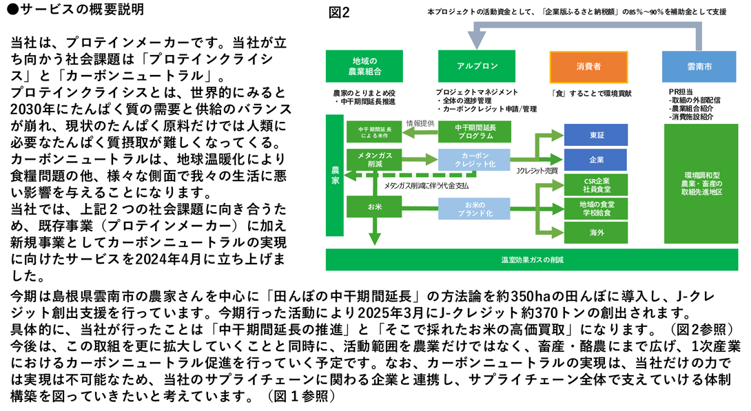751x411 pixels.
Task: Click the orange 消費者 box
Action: coord(588,66)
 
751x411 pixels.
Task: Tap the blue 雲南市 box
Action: coord(699,66)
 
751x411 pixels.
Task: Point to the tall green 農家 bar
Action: coord(335,180)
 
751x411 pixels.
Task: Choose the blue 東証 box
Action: coord(596,134)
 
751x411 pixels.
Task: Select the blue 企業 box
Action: coord(596,159)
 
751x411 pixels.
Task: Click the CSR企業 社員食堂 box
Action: coord(596,184)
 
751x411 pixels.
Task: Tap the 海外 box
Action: coord(596,233)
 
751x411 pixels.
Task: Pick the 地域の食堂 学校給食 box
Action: coord(596,208)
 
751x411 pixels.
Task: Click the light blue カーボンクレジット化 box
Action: coord(474,160)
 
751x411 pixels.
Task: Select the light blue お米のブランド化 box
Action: coord(474,208)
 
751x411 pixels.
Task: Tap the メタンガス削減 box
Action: coord(375,160)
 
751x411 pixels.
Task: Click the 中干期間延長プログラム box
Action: coord(474,132)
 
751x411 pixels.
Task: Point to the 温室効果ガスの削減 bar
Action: coord(532,260)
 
